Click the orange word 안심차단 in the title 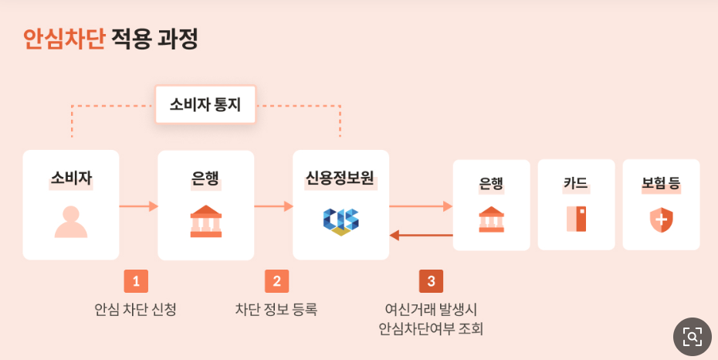(63, 39)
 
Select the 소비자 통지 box (205, 104)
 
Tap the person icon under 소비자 (71, 221)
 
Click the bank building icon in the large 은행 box (206, 221)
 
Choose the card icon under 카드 (576, 219)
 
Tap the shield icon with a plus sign (661, 220)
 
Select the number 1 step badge (136, 281)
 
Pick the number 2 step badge (276, 281)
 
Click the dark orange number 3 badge (431, 281)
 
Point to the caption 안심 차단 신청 (136, 310)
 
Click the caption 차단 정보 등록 (276, 310)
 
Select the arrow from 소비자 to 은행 (138, 206)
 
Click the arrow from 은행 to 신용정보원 (273, 206)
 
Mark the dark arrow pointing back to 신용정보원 (421, 235)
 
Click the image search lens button (692, 336)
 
